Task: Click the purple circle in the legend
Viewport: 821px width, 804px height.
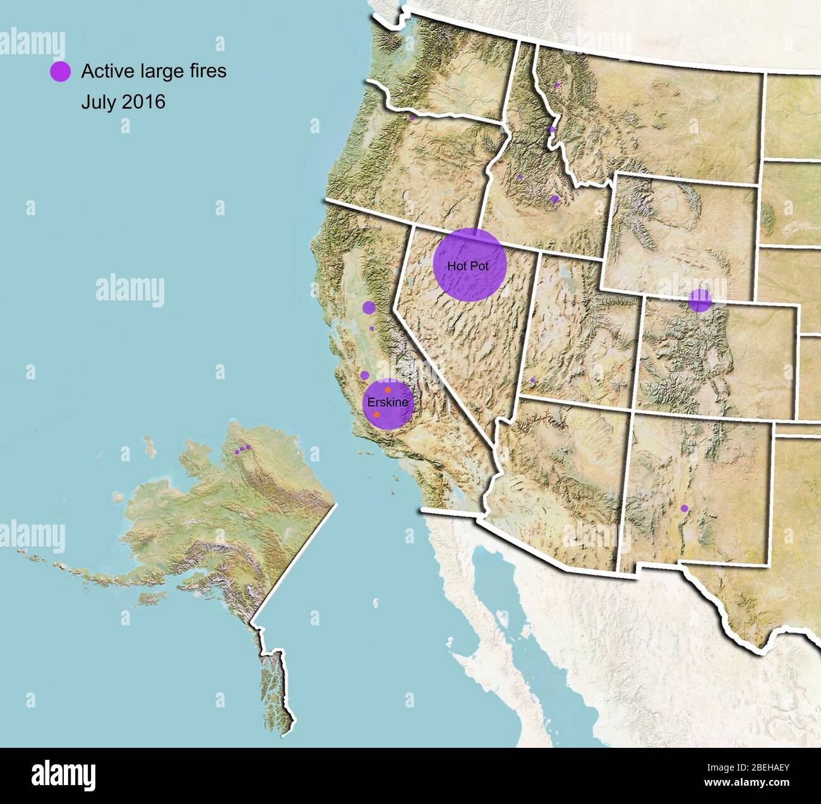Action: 61,72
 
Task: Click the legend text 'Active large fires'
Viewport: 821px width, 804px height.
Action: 153,71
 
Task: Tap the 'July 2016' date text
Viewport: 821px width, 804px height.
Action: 123,102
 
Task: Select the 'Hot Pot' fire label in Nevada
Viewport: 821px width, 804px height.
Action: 468,266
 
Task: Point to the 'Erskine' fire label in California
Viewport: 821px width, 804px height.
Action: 388,402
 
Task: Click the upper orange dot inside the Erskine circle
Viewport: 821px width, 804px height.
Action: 388,391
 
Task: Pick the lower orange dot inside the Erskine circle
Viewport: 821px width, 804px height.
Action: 377,415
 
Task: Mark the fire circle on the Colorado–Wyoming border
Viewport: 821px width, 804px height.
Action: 700,300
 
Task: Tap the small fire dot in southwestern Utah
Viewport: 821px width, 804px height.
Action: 532,381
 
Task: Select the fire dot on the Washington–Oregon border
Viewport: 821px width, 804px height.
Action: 412,117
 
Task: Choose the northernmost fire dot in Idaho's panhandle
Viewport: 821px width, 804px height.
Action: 557,85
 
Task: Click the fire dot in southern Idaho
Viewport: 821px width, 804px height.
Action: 554,199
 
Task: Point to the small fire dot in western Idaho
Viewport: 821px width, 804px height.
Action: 520,177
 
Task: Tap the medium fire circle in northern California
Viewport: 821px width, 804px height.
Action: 369,308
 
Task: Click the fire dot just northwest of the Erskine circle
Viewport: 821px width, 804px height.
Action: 364,375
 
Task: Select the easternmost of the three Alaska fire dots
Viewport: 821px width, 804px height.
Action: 248,447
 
